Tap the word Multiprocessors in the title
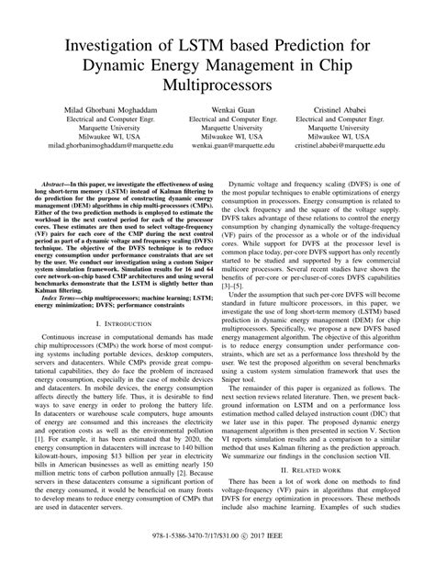click(x=217, y=84)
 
